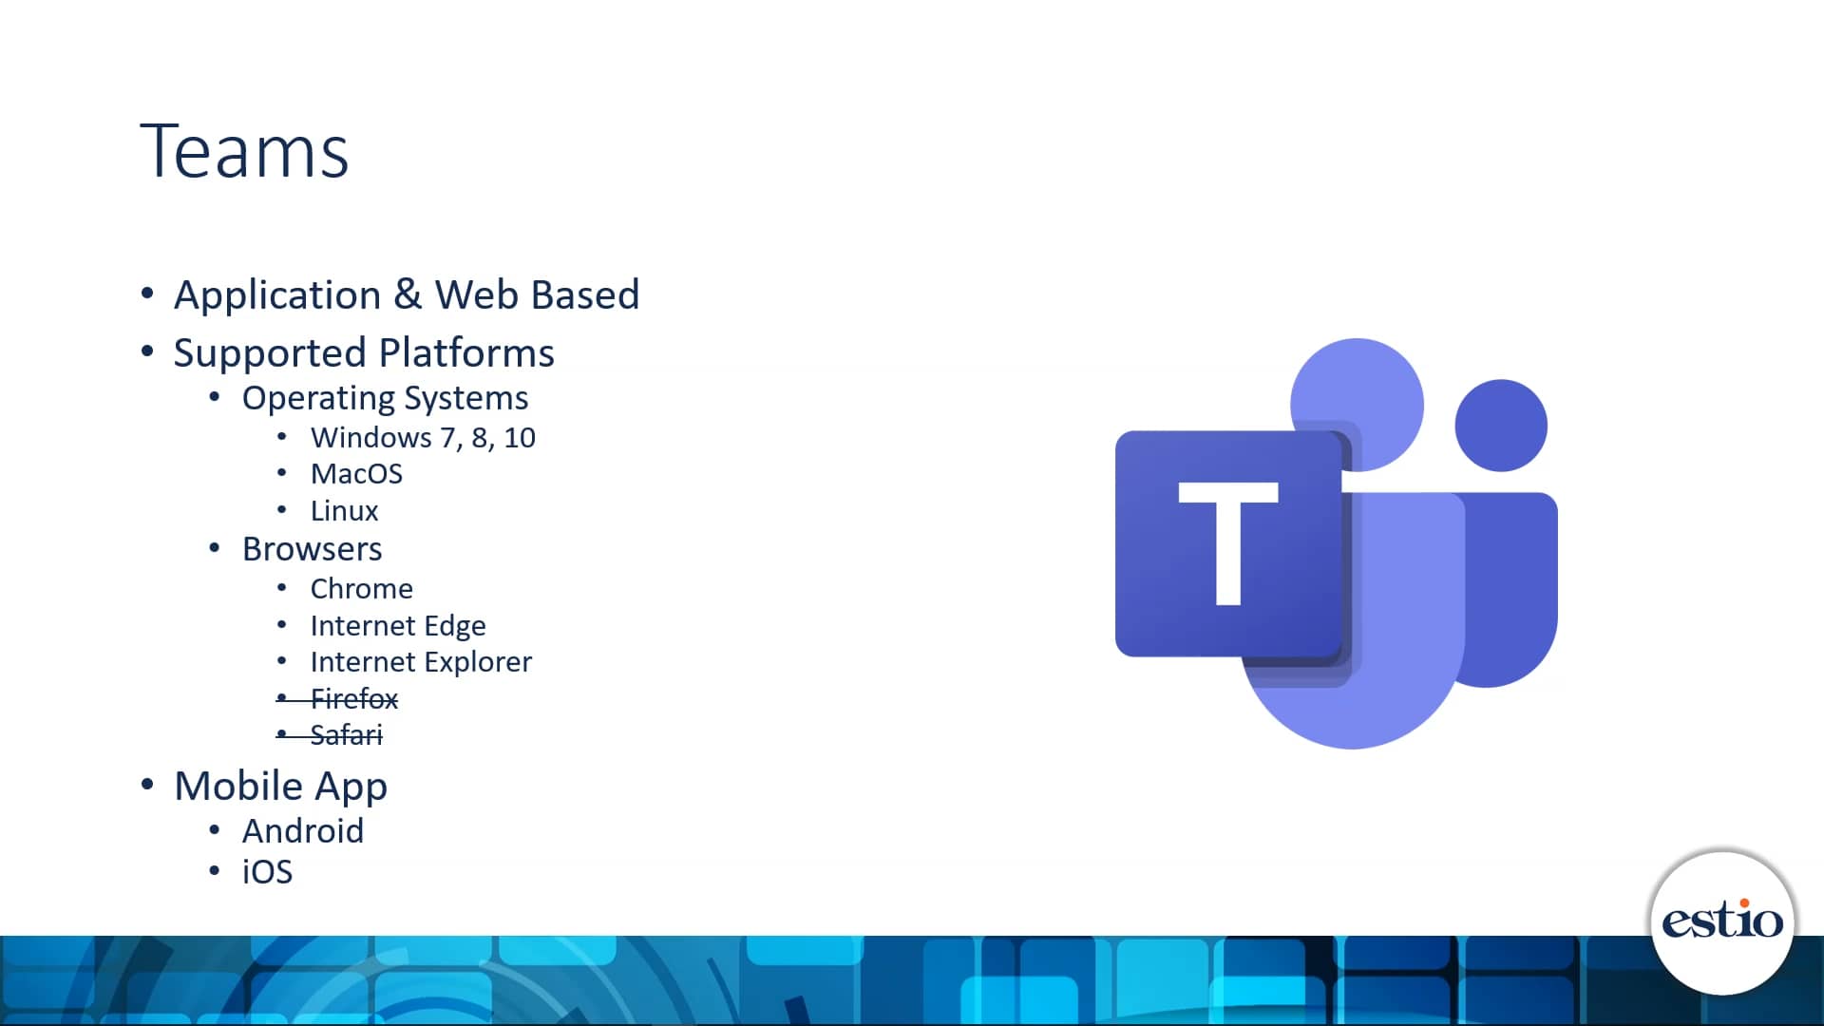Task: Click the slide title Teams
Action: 244,152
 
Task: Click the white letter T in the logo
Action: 1227,541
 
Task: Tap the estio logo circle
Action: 1721,921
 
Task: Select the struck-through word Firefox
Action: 353,699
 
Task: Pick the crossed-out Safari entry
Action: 346,735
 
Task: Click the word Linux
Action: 344,511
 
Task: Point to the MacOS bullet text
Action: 356,474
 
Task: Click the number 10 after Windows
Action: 519,438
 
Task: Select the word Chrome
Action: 361,589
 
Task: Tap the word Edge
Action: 455,626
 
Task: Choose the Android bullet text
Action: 302,831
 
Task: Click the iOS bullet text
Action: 267,872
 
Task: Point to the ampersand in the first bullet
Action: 408,294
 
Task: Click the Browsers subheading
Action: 312,549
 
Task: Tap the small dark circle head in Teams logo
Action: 1500,425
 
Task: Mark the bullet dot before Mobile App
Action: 147,785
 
